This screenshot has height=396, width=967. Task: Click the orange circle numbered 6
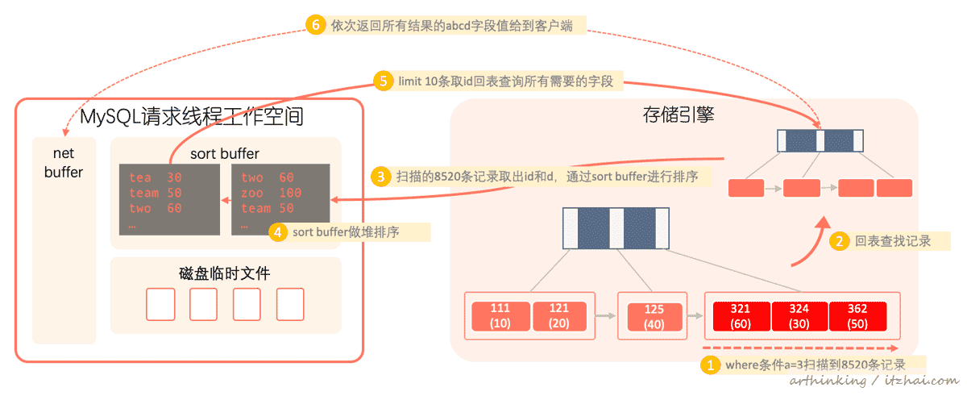point(317,25)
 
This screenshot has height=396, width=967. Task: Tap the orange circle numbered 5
point(384,81)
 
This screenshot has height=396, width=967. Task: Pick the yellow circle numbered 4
point(278,232)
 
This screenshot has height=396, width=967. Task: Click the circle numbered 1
point(710,365)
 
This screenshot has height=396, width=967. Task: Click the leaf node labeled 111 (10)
point(500,315)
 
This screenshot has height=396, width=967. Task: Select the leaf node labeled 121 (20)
point(558,315)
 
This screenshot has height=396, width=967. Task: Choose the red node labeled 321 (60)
point(740,315)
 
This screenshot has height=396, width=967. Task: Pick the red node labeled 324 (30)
point(799,315)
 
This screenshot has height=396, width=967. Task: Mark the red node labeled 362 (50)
point(857,315)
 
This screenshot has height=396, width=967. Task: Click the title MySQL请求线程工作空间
point(192,116)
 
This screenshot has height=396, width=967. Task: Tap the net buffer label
point(64,162)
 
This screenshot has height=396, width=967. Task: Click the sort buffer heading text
point(225,153)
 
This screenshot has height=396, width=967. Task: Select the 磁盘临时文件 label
point(225,273)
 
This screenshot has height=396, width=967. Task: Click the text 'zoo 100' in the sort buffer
point(271,193)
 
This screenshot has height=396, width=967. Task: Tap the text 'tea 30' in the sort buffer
point(155,177)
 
